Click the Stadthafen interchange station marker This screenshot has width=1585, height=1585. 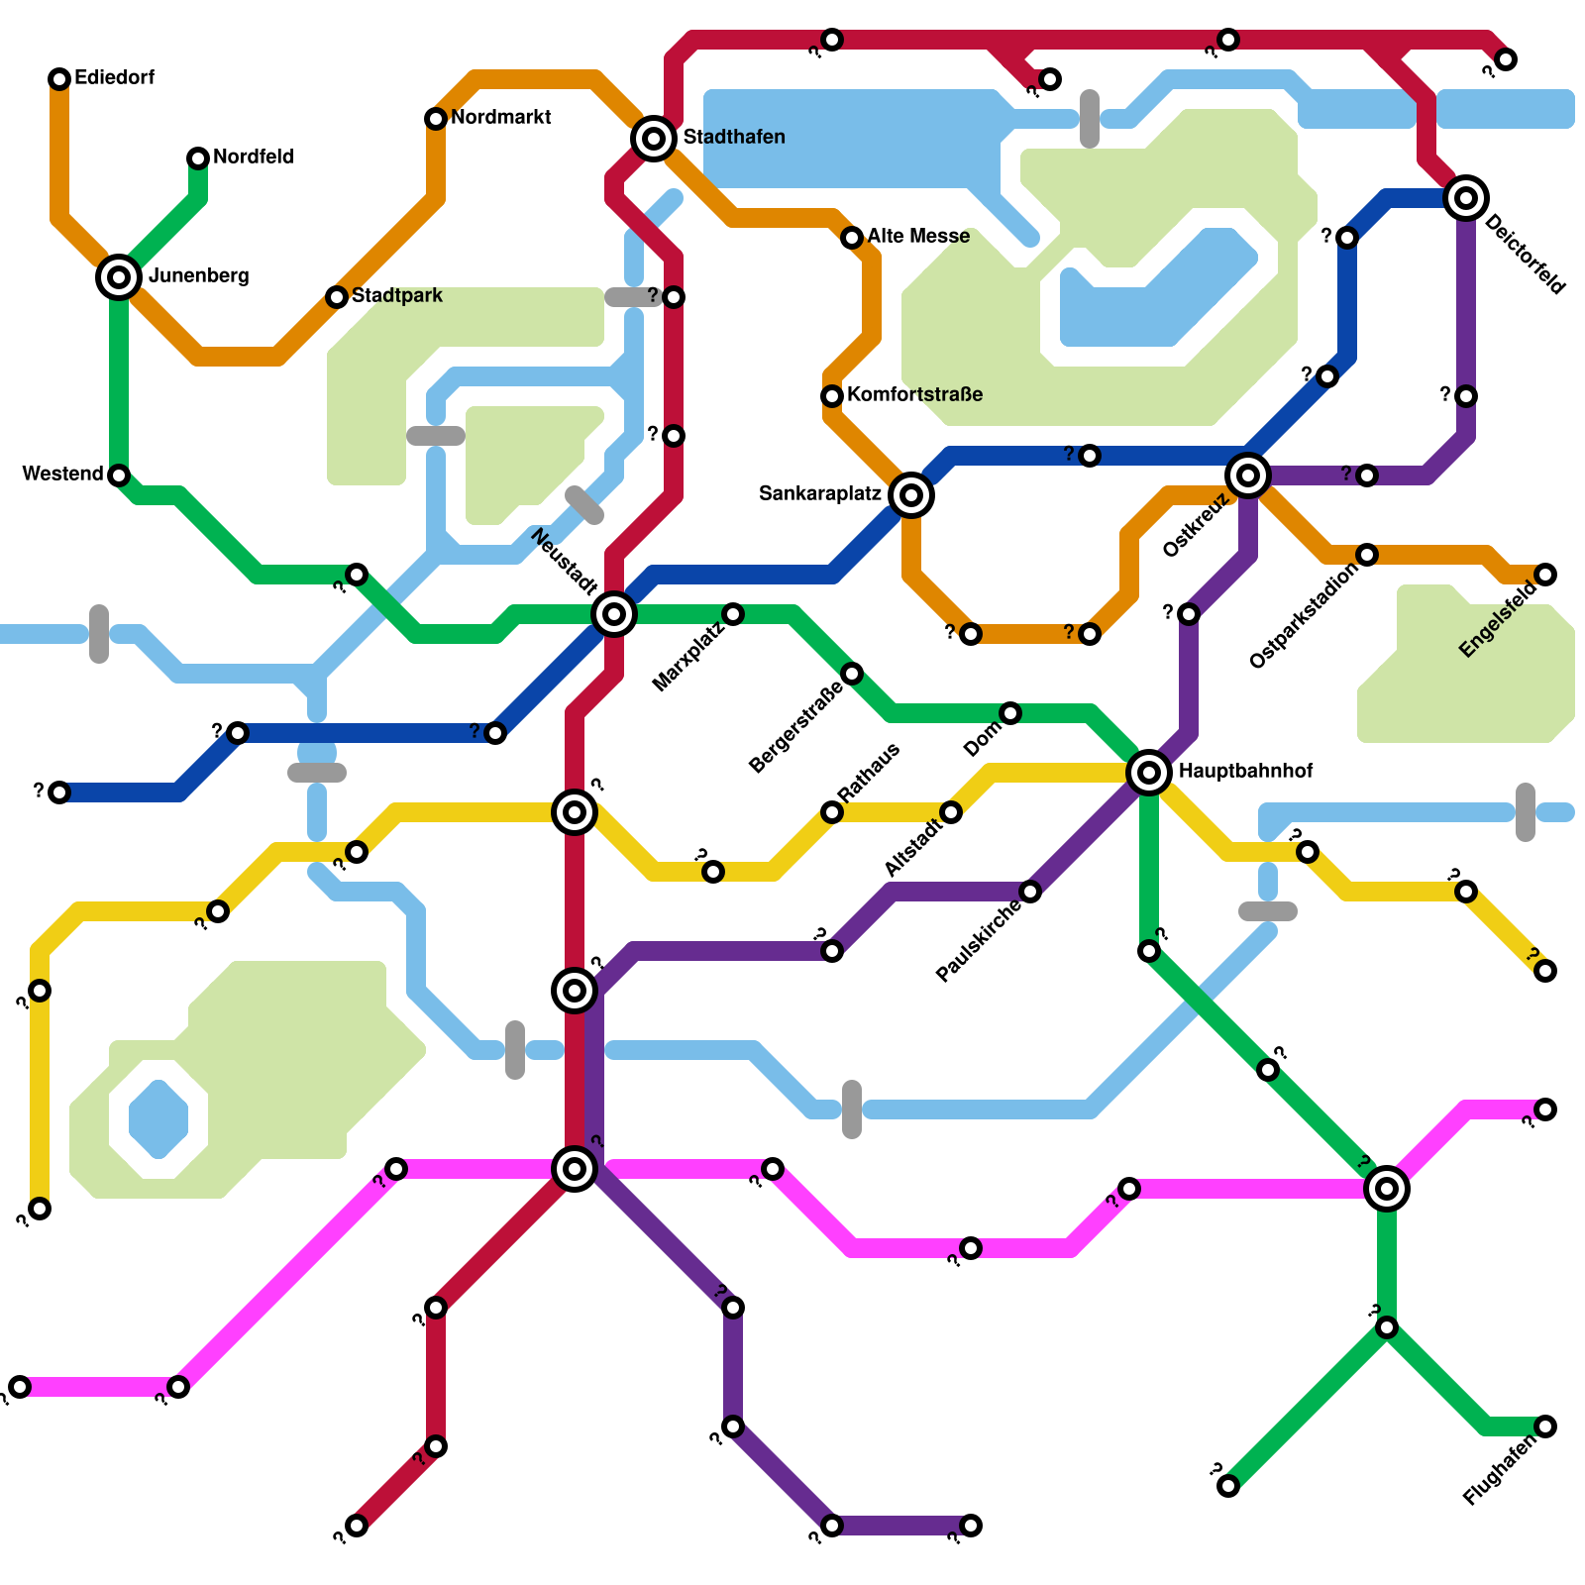(x=654, y=139)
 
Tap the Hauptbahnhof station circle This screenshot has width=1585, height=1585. (x=1149, y=772)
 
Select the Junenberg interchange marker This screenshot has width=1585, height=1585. (x=119, y=277)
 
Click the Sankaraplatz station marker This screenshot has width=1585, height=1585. (x=911, y=495)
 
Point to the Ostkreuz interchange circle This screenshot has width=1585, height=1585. (x=1248, y=475)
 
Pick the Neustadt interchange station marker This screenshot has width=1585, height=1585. (x=614, y=614)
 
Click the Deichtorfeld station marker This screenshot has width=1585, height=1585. (x=1466, y=198)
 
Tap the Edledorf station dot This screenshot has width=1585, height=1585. (x=59, y=79)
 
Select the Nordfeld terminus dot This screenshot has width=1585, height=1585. (x=198, y=158)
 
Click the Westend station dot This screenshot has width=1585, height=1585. (x=119, y=475)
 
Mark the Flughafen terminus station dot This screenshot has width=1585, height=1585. (x=1545, y=1426)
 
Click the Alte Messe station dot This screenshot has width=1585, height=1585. (x=852, y=238)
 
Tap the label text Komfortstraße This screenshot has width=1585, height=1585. (x=914, y=394)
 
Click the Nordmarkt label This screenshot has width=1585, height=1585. (x=500, y=118)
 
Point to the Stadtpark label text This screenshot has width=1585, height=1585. (x=396, y=295)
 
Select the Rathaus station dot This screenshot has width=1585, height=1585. (x=832, y=812)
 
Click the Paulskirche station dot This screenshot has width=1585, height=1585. (x=1030, y=892)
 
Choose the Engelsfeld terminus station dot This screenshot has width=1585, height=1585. (x=1545, y=575)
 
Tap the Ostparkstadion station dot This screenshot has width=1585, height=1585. (x=1367, y=555)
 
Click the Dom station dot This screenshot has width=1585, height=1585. (x=1010, y=713)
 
